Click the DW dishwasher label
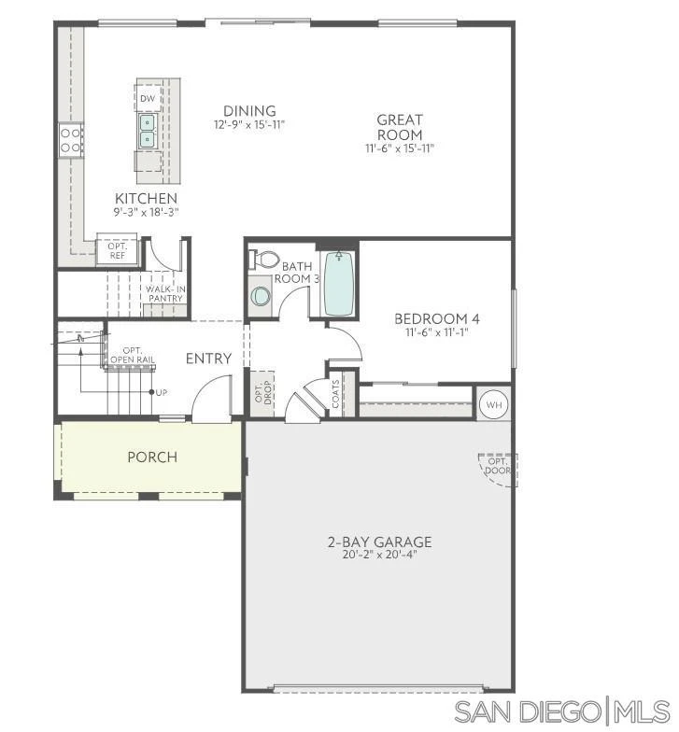pos(148,99)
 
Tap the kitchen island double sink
pos(148,131)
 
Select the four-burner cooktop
pos(71,140)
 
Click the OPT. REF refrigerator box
pos(118,250)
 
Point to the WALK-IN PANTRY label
pos(165,293)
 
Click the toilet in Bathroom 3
pos(263,260)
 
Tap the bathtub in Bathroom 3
pos(338,284)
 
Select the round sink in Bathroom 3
pos(260,295)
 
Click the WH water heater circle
pos(494,404)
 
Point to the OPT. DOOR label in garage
pos(498,466)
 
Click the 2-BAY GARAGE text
pos(379,542)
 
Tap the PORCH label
pos(152,457)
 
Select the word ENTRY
pos(209,359)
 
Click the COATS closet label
pos(336,394)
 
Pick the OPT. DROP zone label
pos(262,392)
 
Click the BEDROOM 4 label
pos(437,319)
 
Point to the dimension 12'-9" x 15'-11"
pos(249,125)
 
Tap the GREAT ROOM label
pos(400,127)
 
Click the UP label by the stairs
pos(161,392)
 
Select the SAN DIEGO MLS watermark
pos(562,712)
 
